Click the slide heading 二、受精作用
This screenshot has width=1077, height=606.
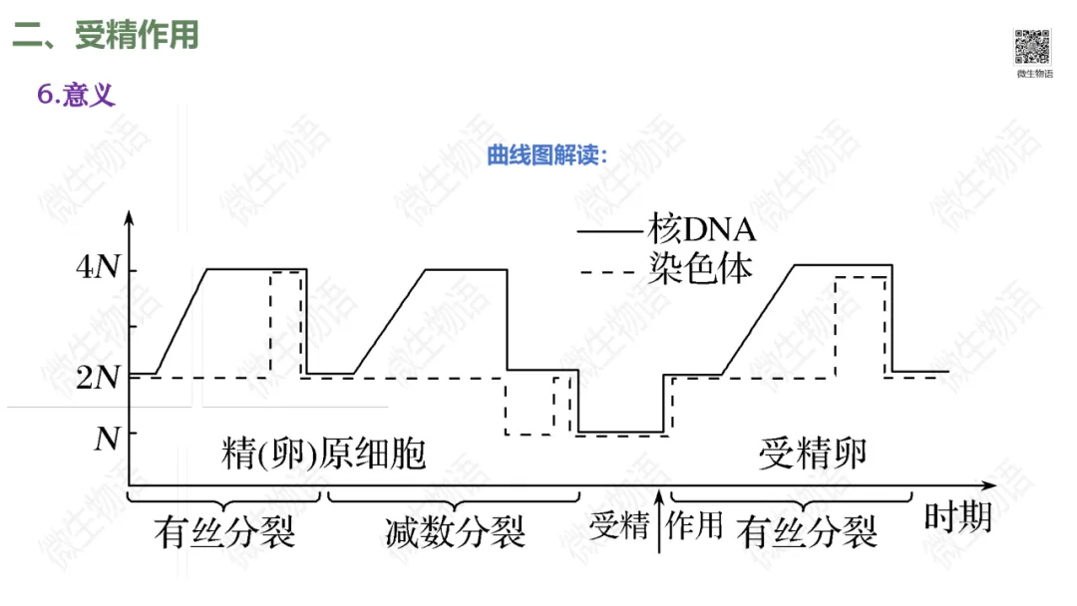pyautogui.click(x=106, y=35)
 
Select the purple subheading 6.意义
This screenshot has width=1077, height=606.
pyautogui.click(x=77, y=95)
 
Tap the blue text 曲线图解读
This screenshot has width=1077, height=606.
pyautogui.click(x=546, y=156)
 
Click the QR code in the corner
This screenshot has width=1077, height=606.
pyautogui.click(x=1033, y=47)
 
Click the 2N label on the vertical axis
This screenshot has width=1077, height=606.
pyautogui.click(x=100, y=377)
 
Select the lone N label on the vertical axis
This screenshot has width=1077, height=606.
pyautogui.click(x=107, y=438)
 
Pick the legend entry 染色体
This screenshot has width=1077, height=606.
pyautogui.click(x=700, y=267)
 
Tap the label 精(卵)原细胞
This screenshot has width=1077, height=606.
pyautogui.click(x=323, y=454)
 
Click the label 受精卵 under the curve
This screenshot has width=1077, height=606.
pyautogui.click(x=813, y=454)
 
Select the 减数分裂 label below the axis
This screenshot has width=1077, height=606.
pyautogui.click(x=455, y=532)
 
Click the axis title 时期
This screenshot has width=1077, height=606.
pyautogui.click(x=956, y=518)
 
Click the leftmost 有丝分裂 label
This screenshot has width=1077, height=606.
pyautogui.click(x=225, y=532)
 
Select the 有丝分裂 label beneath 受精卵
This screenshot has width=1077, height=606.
pyautogui.click(x=808, y=532)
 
